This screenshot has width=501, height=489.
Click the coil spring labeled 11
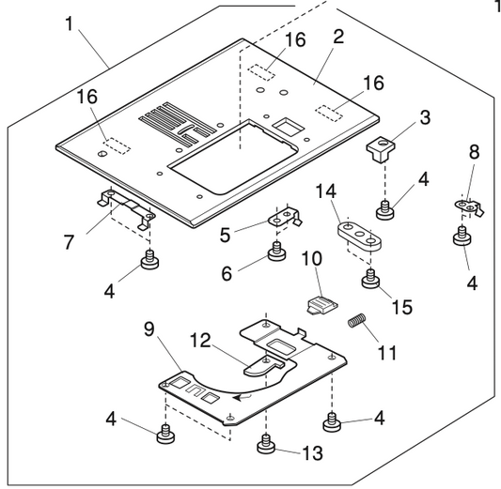(x=356, y=321)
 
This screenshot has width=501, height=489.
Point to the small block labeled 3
(x=381, y=148)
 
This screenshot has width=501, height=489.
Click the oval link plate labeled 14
(x=360, y=234)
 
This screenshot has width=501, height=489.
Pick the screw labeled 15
(x=370, y=277)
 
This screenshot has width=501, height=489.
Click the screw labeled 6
(x=275, y=252)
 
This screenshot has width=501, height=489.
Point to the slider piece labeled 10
(x=319, y=305)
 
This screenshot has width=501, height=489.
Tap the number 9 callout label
(x=149, y=332)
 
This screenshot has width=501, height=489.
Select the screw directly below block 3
(x=384, y=207)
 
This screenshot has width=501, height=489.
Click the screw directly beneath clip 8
(x=462, y=237)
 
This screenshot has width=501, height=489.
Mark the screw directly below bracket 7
(x=148, y=260)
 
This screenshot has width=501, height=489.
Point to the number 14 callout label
(x=324, y=191)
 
